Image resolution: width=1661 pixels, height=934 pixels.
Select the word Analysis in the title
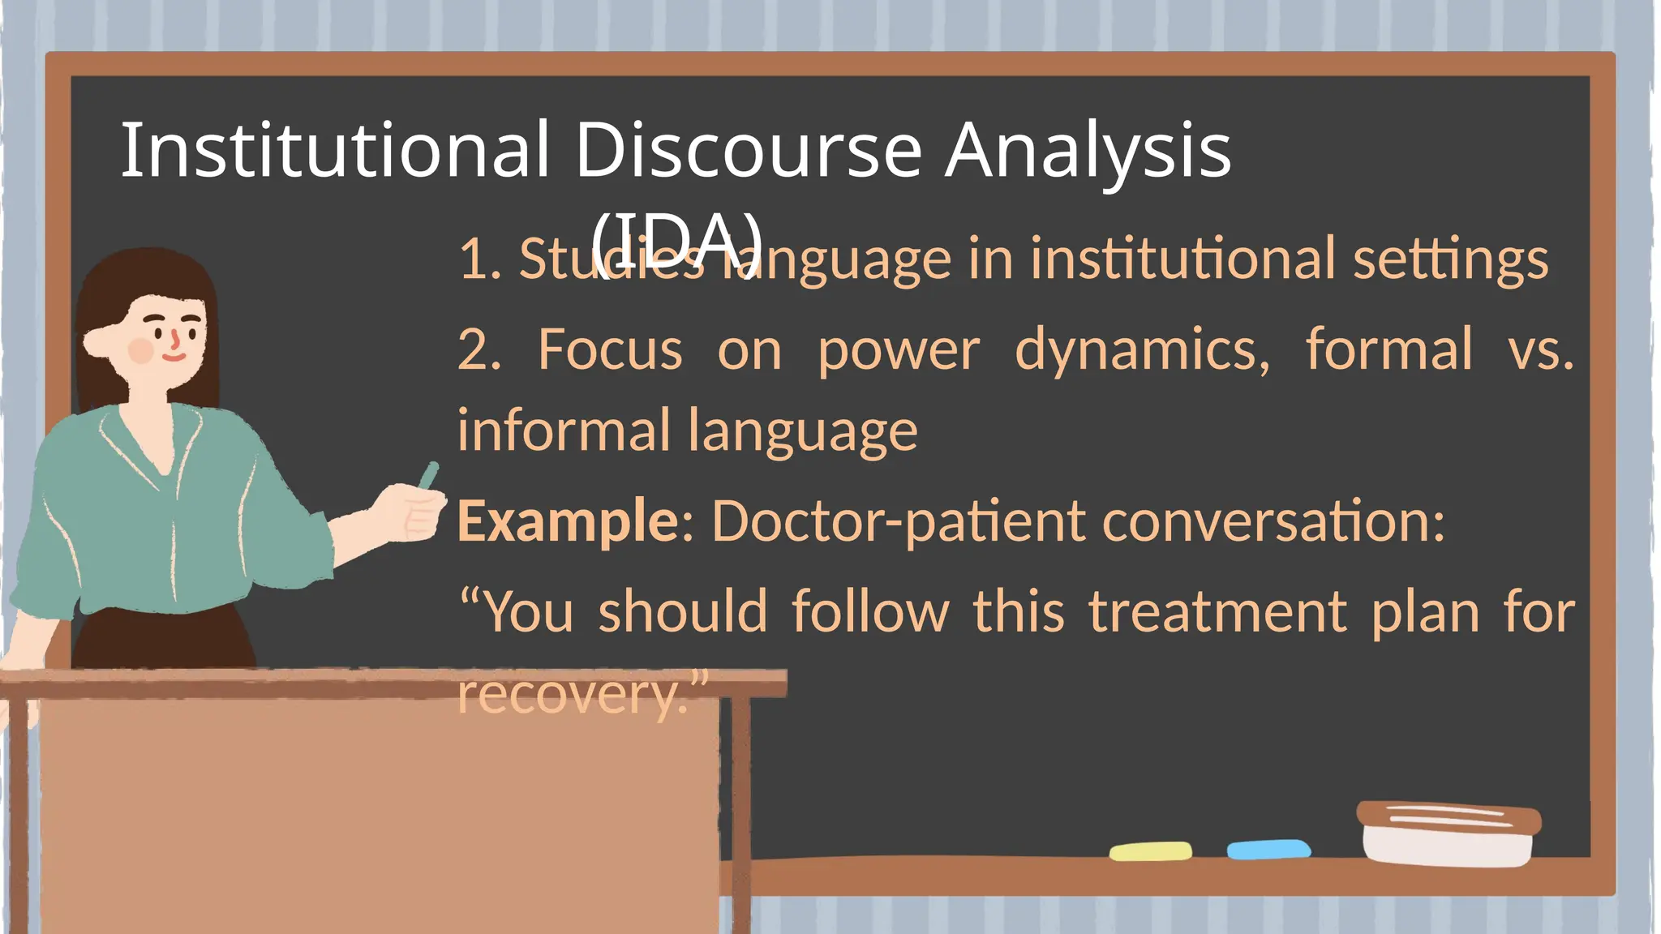(x=1088, y=150)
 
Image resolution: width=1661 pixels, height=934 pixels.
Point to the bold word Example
(x=567, y=521)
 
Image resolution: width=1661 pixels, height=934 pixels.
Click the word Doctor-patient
(x=898, y=521)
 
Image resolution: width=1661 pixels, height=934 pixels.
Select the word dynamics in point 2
(x=1142, y=350)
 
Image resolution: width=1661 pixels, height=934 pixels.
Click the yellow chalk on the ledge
(x=1150, y=851)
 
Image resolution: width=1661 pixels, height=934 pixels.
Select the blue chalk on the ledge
(x=1268, y=849)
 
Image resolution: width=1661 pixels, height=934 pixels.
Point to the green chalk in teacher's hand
(x=428, y=476)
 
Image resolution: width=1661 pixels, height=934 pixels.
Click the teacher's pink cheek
(x=141, y=350)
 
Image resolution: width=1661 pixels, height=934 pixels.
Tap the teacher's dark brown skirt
(x=162, y=636)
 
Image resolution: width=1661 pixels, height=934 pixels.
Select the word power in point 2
(x=898, y=350)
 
